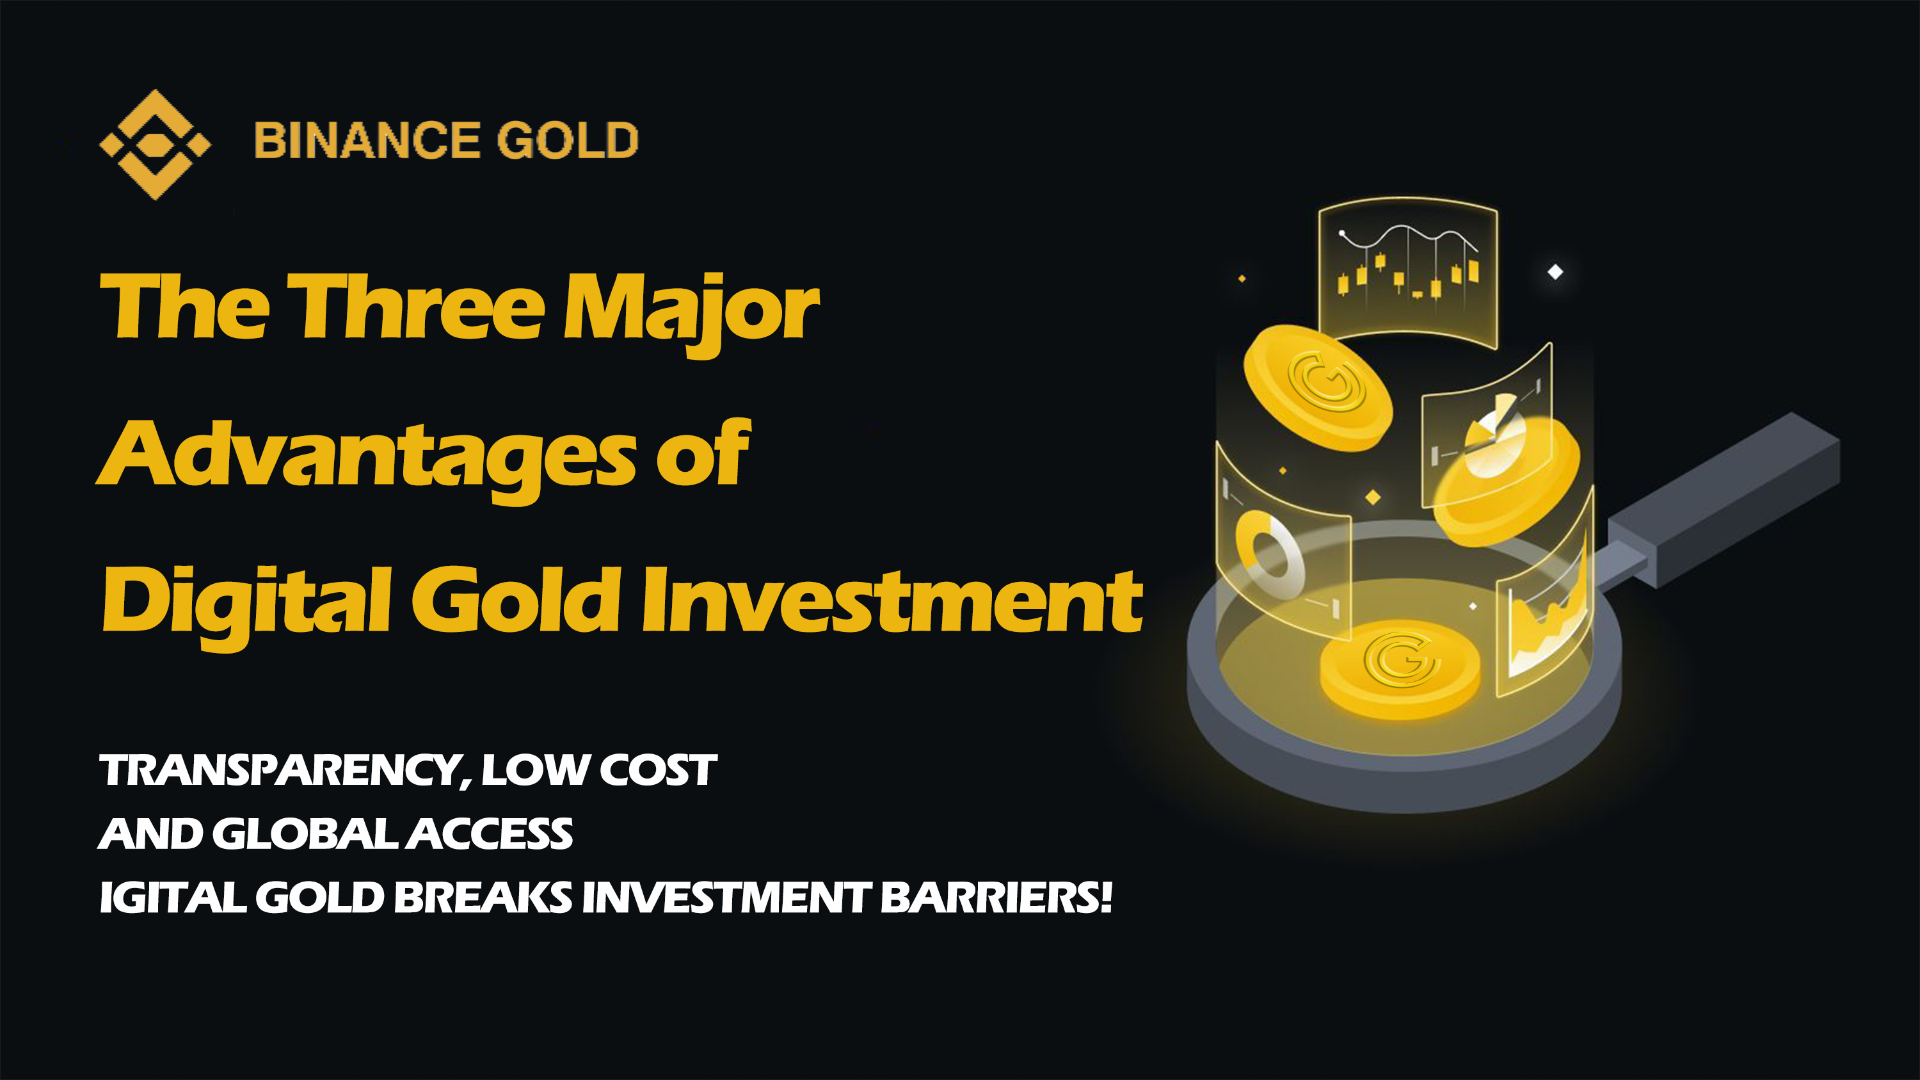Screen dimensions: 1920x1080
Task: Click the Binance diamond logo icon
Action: click(155, 145)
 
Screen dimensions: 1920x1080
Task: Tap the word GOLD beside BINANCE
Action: click(568, 140)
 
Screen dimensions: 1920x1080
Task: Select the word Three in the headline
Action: click(416, 307)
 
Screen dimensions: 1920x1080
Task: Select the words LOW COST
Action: click(599, 770)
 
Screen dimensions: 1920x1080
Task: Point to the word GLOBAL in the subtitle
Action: click(305, 834)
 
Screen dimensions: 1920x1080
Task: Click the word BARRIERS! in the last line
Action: click(996, 897)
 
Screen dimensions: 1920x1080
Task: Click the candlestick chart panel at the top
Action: click(1407, 271)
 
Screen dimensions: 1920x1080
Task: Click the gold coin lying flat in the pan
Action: click(1400, 668)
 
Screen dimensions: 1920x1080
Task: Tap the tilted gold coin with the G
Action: click(1318, 387)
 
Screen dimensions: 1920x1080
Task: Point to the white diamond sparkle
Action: click(1555, 272)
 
